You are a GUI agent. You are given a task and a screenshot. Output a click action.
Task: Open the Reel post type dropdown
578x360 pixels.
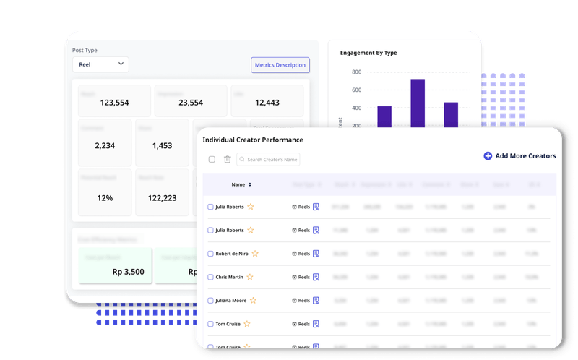(100, 64)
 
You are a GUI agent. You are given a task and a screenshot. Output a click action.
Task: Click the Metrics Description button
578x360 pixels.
(280, 65)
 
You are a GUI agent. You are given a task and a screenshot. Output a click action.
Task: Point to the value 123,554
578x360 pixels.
(114, 103)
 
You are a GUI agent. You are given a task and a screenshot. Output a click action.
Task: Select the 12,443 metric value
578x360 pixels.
(267, 103)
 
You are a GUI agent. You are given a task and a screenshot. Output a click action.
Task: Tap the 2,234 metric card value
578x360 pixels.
(105, 146)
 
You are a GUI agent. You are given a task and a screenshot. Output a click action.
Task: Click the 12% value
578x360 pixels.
(105, 197)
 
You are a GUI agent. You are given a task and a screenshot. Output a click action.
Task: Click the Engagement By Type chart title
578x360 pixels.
(368, 53)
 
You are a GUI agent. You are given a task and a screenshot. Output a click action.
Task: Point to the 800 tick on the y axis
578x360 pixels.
(356, 72)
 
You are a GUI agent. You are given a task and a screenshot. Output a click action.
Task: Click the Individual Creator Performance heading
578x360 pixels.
(252, 140)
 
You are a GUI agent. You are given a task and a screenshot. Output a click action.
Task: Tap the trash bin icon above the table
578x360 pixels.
(227, 159)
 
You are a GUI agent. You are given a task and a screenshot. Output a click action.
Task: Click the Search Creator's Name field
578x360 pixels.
(268, 159)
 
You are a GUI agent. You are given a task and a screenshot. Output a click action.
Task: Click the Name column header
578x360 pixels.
(239, 184)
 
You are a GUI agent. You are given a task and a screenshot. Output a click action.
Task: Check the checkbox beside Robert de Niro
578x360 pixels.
(211, 254)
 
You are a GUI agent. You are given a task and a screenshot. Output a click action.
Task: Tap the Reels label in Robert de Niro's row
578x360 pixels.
(303, 254)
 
